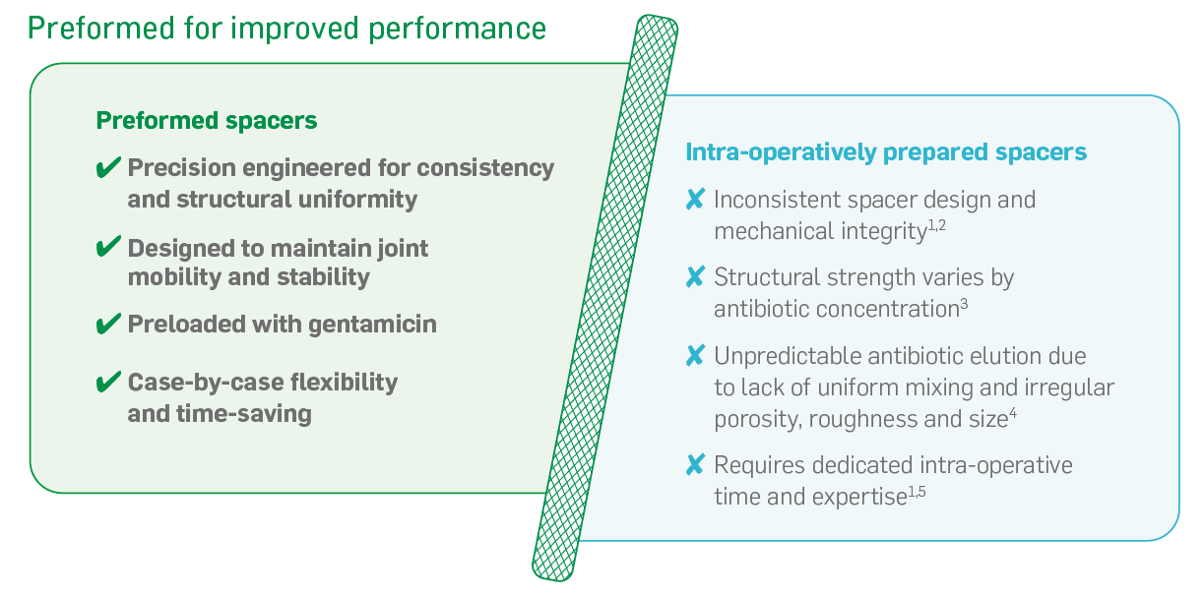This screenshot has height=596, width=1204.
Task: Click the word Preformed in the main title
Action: (x=101, y=29)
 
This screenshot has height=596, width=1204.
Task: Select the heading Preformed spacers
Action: (x=207, y=121)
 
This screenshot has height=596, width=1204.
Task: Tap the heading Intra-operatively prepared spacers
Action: (x=886, y=152)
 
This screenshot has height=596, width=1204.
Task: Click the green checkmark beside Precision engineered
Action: (x=108, y=167)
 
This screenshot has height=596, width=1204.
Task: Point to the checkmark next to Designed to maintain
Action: (x=108, y=247)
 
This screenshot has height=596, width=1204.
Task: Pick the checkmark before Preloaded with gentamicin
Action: (x=108, y=324)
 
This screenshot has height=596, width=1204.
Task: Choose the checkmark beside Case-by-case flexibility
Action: (x=108, y=382)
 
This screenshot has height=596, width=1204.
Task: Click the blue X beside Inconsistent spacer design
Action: (x=696, y=200)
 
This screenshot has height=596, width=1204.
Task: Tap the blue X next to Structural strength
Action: (x=696, y=277)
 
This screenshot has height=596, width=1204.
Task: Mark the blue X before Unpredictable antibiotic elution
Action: (x=696, y=355)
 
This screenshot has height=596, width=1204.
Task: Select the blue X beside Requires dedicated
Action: (x=696, y=465)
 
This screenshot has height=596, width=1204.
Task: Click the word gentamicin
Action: (x=372, y=326)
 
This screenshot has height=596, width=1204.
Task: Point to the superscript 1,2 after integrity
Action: (x=937, y=225)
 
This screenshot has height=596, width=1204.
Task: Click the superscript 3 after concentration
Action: (x=964, y=305)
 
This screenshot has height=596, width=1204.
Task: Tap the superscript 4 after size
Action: (x=1013, y=414)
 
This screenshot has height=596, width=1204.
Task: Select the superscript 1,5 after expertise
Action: (x=917, y=492)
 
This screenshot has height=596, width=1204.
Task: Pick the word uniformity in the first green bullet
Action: (x=357, y=200)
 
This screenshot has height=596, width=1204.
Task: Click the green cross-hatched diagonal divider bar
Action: (x=605, y=298)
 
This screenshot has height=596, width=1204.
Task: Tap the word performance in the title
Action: (x=458, y=30)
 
